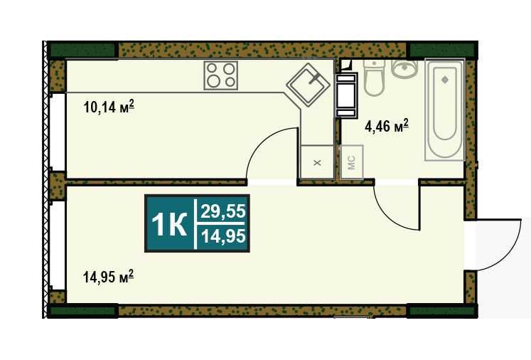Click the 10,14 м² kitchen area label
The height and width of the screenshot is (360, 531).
pos(109,107)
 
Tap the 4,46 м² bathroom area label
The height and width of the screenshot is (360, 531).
pos(387,127)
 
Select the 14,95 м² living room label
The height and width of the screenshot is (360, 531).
pos(108,277)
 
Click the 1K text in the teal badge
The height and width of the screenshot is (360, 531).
pos(169,224)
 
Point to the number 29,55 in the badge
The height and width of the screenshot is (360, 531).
pos(222,211)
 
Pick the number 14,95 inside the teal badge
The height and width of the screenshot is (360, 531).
pos(223,236)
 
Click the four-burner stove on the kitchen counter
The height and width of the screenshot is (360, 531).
pos(221,75)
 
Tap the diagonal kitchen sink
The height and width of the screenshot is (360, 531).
pos(309,85)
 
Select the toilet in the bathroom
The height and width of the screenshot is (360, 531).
pos(374,78)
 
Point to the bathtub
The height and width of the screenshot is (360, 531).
pos(445,110)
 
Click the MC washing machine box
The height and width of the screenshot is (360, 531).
pos(352,162)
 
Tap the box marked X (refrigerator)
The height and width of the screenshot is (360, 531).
pos(317,162)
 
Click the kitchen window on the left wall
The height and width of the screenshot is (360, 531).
pos(58,132)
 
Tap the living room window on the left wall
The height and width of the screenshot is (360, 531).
pos(58,245)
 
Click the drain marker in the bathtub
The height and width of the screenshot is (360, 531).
pos(445,80)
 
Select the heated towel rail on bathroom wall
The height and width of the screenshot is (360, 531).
pos(346,95)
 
